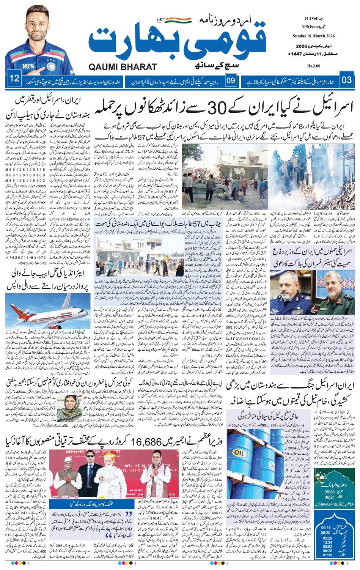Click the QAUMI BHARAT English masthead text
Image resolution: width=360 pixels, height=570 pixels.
pyautogui.click(x=122, y=67)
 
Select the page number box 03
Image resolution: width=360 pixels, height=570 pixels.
pyautogui.click(x=346, y=80)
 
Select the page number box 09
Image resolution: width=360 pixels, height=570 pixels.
pyautogui.click(x=230, y=81)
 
